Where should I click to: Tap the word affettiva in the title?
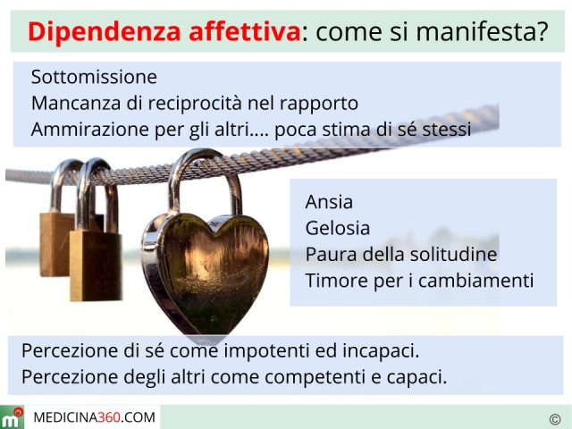tap(244, 31)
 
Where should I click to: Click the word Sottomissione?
tap(94, 77)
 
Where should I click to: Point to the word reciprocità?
tap(194, 104)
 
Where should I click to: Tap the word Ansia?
tap(329, 202)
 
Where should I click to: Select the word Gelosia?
tap(338, 228)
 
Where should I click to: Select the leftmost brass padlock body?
tap(55, 244)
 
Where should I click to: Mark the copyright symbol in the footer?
tap(555, 419)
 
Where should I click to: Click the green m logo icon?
tap(12, 417)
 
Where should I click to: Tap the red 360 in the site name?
tap(109, 417)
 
